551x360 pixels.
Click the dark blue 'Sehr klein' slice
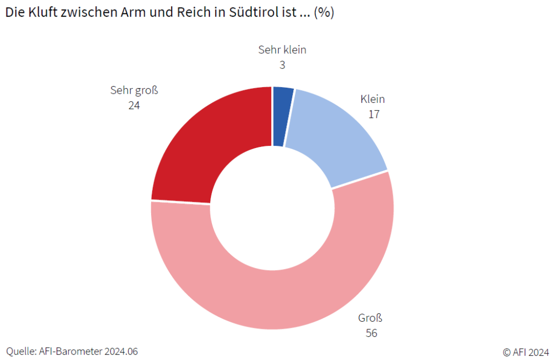click(x=282, y=116)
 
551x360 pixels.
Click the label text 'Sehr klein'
click(x=282, y=50)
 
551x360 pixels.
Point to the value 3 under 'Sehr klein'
click(x=282, y=65)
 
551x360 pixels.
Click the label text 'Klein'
click(x=372, y=99)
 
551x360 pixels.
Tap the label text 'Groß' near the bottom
click(x=370, y=317)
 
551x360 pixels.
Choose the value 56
click(x=371, y=333)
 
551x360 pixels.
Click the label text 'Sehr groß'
click(x=134, y=90)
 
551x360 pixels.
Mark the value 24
click(x=134, y=105)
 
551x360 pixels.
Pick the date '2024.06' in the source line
click(x=121, y=351)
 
